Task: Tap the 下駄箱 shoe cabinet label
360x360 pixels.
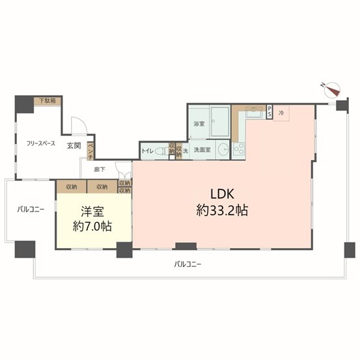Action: (x=48, y=100)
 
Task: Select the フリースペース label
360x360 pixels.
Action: (x=41, y=144)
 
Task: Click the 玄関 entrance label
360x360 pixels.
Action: (x=74, y=146)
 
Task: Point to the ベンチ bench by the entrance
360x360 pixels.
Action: (x=90, y=151)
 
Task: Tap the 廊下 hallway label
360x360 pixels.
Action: (x=100, y=169)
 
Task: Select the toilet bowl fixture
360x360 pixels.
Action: (x=162, y=151)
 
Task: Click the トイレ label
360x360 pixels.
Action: (x=147, y=151)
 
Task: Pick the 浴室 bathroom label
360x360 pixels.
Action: (x=199, y=124)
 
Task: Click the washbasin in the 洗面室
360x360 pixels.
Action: (x=223, y=150)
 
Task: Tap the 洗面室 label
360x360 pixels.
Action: (x=202, y=150)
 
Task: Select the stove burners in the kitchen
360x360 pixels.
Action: (x=239, y=149)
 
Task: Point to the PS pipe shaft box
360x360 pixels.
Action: (x=270, y=112)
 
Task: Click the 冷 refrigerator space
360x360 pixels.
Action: (x=281, y=113)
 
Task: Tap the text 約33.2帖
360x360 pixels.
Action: (x=222, y=210)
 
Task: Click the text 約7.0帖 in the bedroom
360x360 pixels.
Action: (x=92, y=227)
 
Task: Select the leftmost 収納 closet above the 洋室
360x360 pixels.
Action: (x=72, y=187)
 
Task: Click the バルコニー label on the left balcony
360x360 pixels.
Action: (x=31, y=210)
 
